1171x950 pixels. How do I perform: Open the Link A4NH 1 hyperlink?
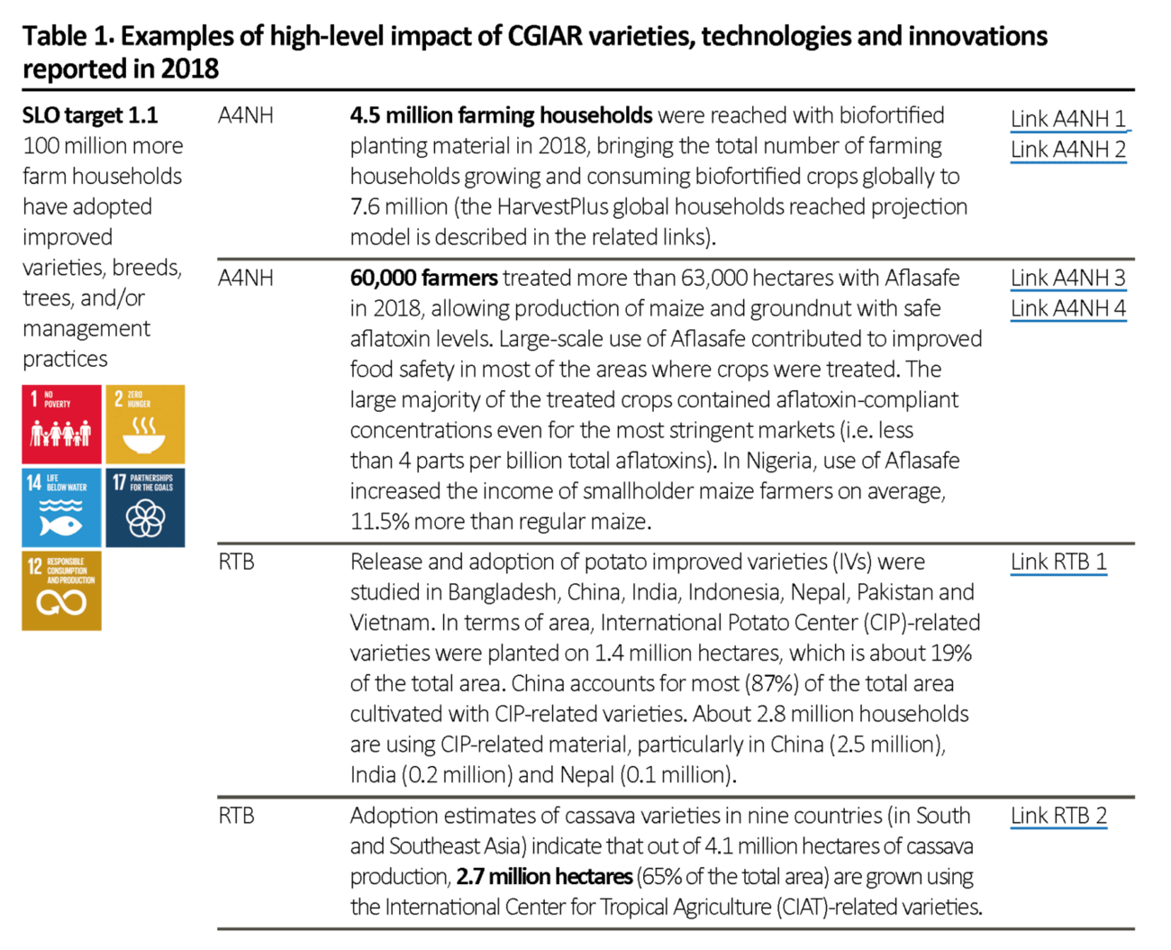coord(1068,119)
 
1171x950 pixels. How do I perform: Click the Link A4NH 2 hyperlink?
coord(1068,150)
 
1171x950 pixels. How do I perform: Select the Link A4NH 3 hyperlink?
coord(1068,279)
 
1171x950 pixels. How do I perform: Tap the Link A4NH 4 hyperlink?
coord(1068,308)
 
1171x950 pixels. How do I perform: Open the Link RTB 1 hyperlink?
coord(1058,562)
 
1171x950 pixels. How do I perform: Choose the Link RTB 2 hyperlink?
coord(1058,816)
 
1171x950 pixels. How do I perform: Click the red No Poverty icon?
coord(61,425)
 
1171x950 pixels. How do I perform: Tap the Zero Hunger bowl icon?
coord(145,425)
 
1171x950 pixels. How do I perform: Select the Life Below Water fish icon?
coord(61,507)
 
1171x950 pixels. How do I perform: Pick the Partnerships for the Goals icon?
coord(145,507)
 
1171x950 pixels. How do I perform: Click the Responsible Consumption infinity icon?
coord(61,590)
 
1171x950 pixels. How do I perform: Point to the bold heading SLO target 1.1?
coord(90,115)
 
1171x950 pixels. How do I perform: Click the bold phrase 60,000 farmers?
coord(424,278)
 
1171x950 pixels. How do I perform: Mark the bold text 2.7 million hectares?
coord(544,876)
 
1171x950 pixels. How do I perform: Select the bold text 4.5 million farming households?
coord(502,115)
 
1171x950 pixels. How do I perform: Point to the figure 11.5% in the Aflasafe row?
coord(380,521)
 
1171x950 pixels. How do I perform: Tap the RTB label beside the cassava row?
coord(236,816)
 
